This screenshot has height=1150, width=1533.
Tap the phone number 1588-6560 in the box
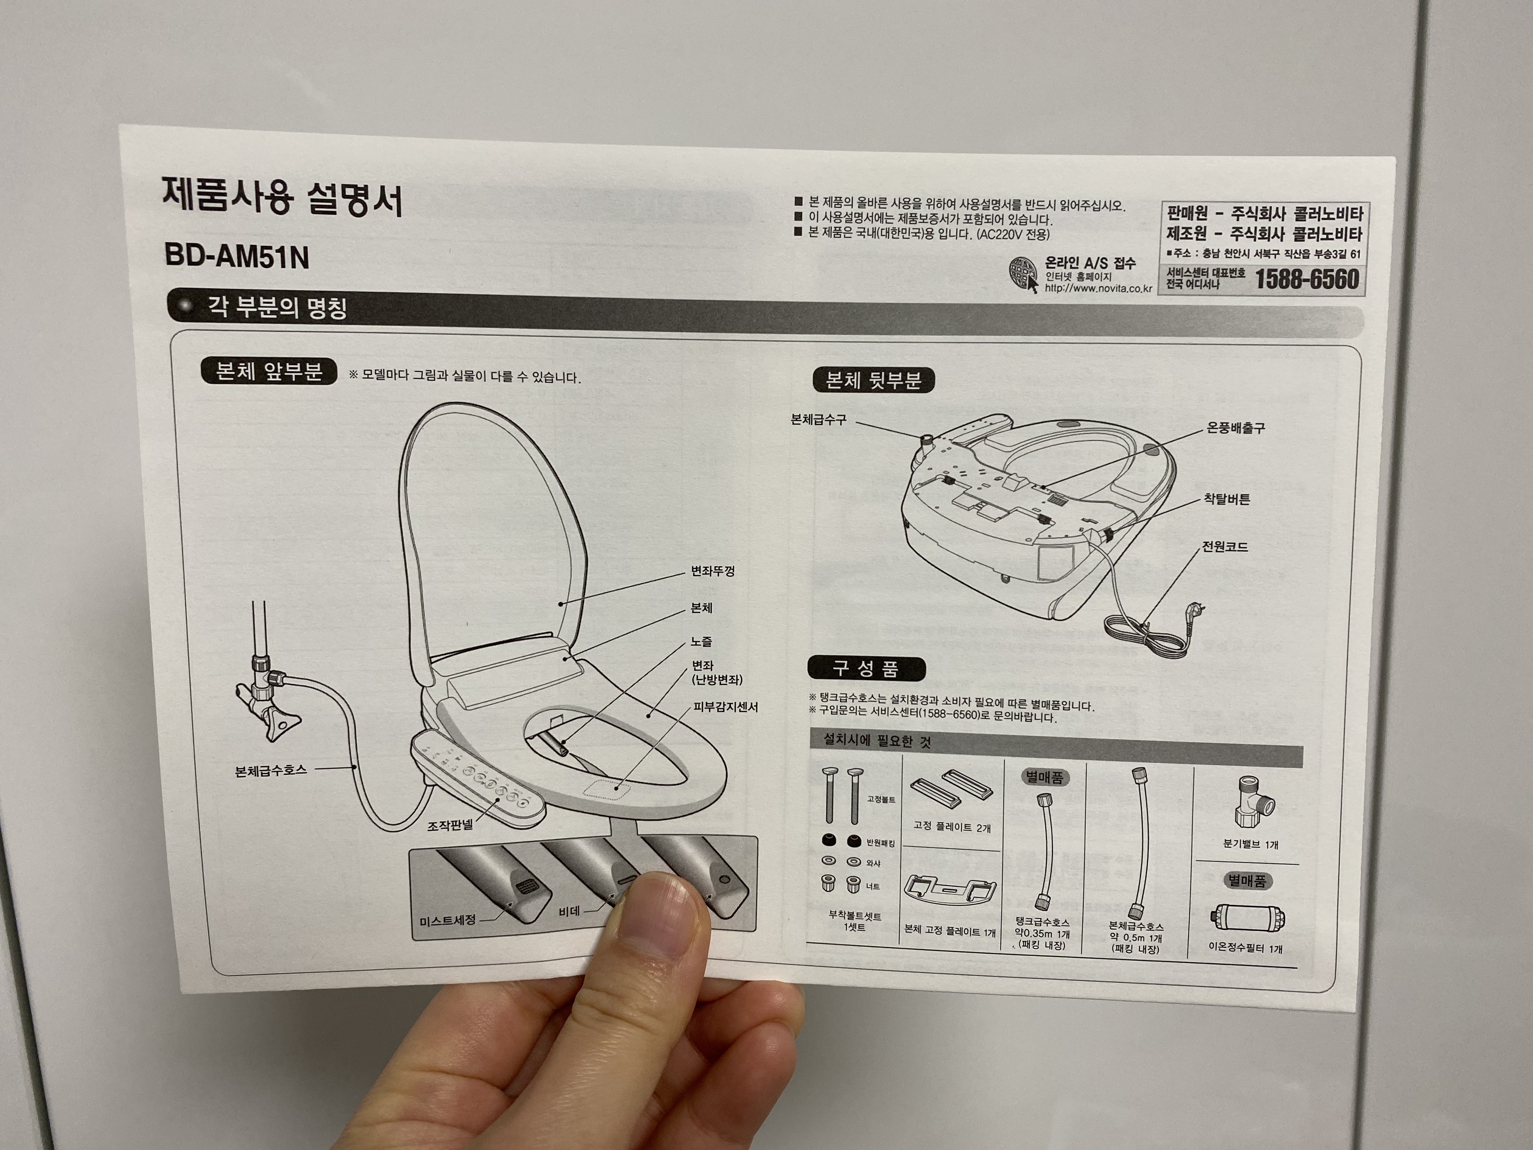[1307, 280]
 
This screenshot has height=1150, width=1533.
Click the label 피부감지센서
[725, 708]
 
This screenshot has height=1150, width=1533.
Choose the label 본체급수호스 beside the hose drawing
[270, 769]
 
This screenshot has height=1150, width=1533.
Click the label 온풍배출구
[1236, 428]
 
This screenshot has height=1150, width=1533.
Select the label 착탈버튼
[1227, 499]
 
